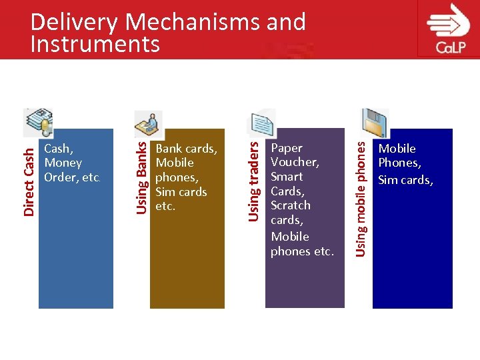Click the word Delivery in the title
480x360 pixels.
74,22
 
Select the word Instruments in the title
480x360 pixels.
95,44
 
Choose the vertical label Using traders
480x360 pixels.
254,177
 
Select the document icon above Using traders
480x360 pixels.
262,124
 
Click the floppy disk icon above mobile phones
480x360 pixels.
374,123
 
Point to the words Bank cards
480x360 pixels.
186,148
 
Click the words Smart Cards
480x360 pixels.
287,184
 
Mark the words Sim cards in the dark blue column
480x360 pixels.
405,179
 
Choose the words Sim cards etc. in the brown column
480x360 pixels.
181,199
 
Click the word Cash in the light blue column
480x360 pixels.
59,148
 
